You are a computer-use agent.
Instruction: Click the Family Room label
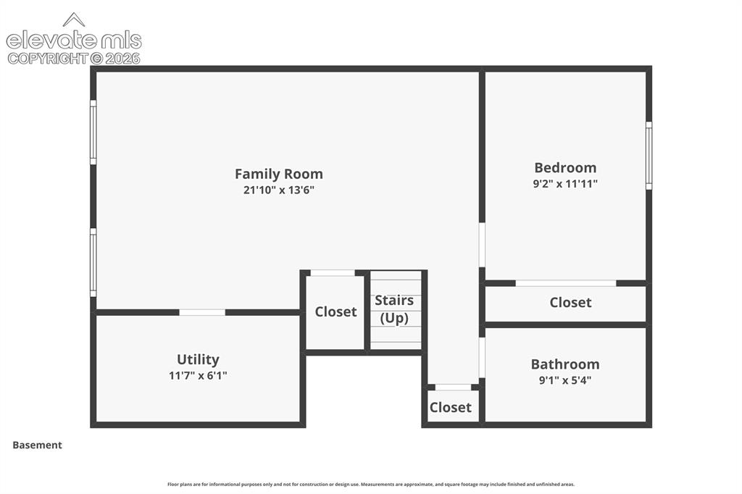pos(279,174)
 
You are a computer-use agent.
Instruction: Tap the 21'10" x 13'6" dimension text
pos(279,191)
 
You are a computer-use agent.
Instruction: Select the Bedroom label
pos(565,167)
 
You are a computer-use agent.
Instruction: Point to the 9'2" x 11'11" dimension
pos(565,183)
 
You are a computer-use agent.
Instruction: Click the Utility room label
pos(198,359)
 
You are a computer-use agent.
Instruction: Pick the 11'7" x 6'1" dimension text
pos(198,376)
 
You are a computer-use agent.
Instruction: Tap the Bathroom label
pos(565,364)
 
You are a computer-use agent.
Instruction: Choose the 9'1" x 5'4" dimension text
pos(565,380)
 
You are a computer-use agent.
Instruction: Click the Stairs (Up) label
pos(394,309)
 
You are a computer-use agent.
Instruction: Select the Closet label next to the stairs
pos(335,311)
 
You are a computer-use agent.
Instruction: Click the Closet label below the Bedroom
pos(570,302)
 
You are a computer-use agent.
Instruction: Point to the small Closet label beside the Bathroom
pos(450,407)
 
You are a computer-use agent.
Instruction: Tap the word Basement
pos(37,445)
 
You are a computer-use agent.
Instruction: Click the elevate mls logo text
pos(74,41)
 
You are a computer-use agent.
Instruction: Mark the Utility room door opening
pos(202,312)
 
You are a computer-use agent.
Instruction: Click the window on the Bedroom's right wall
pos(649,156)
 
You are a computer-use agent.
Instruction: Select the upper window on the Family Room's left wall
pos(93,133)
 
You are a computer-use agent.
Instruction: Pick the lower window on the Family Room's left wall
pos(93,263)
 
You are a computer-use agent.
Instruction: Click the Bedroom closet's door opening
pos(565,283)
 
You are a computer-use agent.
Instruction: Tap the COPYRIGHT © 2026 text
pos(74,59)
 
